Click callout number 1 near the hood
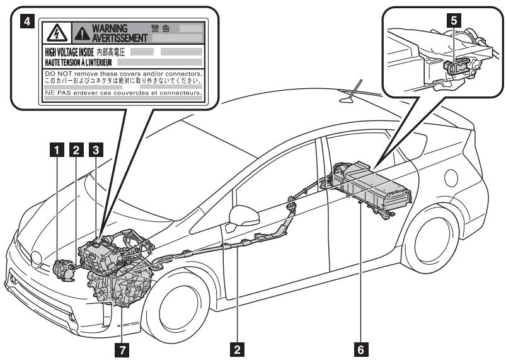click(58, 150)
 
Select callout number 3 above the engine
click(96, 150)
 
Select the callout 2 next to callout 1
click(77, 150)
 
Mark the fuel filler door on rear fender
click(451, 178)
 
